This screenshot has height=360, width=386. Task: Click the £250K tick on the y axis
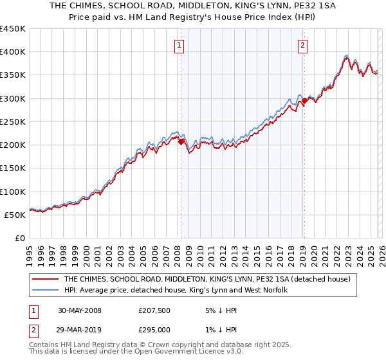click(x=13, y=122)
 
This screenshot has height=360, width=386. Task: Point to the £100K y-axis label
click(x=13, y=192)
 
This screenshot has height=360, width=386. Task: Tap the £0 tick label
click(x=20, y=239)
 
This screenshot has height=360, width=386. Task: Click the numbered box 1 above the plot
click(x=178, y=45)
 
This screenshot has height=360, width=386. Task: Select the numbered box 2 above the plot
click(x=302, y=45)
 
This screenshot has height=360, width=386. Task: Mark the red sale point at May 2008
click(x=181, y=141)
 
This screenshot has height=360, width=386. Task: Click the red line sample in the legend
click(x=45, y=280)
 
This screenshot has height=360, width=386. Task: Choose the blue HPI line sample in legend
click(x=45, y=291)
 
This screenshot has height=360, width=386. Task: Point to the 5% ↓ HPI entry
click(x=220, y=310)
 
